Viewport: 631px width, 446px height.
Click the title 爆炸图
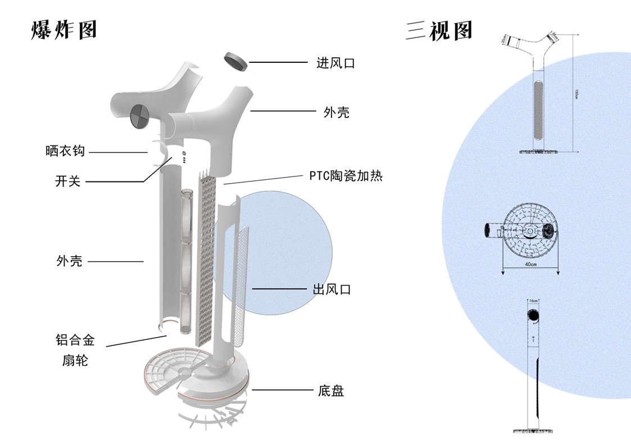(x=64, y=30)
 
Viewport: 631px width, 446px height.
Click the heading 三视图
(x=439, y=30)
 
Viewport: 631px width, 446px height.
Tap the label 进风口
(x=335, y=63)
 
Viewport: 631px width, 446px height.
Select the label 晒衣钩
(x=65, y=151)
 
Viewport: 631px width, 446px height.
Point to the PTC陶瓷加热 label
(x=346, y=175)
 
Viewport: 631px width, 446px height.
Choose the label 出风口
(x=332, y=290)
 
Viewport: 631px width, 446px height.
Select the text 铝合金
(x=75, y=339)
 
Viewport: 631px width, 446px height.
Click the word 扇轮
(x=75, y=360)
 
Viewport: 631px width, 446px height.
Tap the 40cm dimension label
(x=530, y=264)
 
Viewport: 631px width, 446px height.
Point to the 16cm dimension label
(x=533, y=301)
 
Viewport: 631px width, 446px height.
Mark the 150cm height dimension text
(x=576, y=94)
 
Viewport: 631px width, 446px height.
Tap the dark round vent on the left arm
(x=139, y=115)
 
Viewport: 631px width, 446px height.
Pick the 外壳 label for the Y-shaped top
(x=337, y=112)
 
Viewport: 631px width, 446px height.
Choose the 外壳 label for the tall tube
(x=70, y=261)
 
